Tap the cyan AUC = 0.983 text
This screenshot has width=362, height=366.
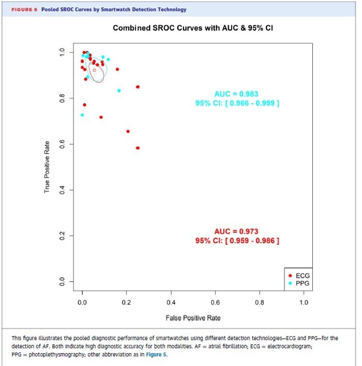tap(236, 94)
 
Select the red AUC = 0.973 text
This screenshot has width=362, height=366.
tap(236, 231)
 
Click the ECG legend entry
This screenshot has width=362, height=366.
tap(302, 276)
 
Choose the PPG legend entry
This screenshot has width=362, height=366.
tap(302, 283)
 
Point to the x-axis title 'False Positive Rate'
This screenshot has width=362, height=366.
tap(193, 317)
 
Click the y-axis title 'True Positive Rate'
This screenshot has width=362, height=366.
tap(47, 167)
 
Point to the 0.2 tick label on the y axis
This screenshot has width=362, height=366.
tap(62, 235)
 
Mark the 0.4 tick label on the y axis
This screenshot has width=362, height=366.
tap(62, 190)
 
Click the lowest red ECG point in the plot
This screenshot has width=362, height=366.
tap(138, 148)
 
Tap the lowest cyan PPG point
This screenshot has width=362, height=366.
tap(82, 115)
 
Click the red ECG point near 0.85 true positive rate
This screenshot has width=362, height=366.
tap(138, 87)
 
